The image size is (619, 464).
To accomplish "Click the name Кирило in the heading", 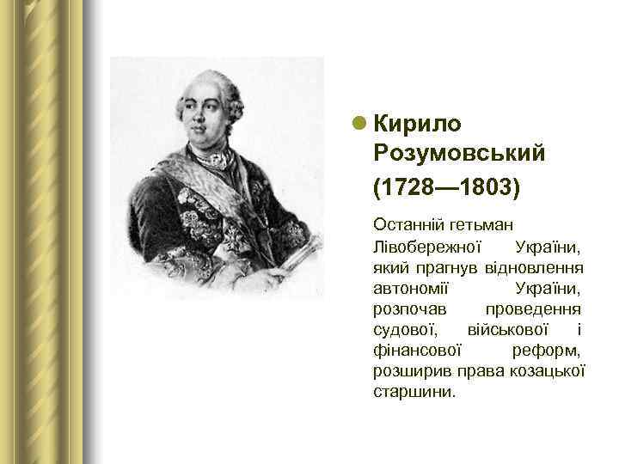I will click(418, 124).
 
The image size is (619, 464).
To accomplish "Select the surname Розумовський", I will click(460, 154).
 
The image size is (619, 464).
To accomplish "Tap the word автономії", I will click(408, 288).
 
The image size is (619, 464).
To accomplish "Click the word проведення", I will click(532, 308).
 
